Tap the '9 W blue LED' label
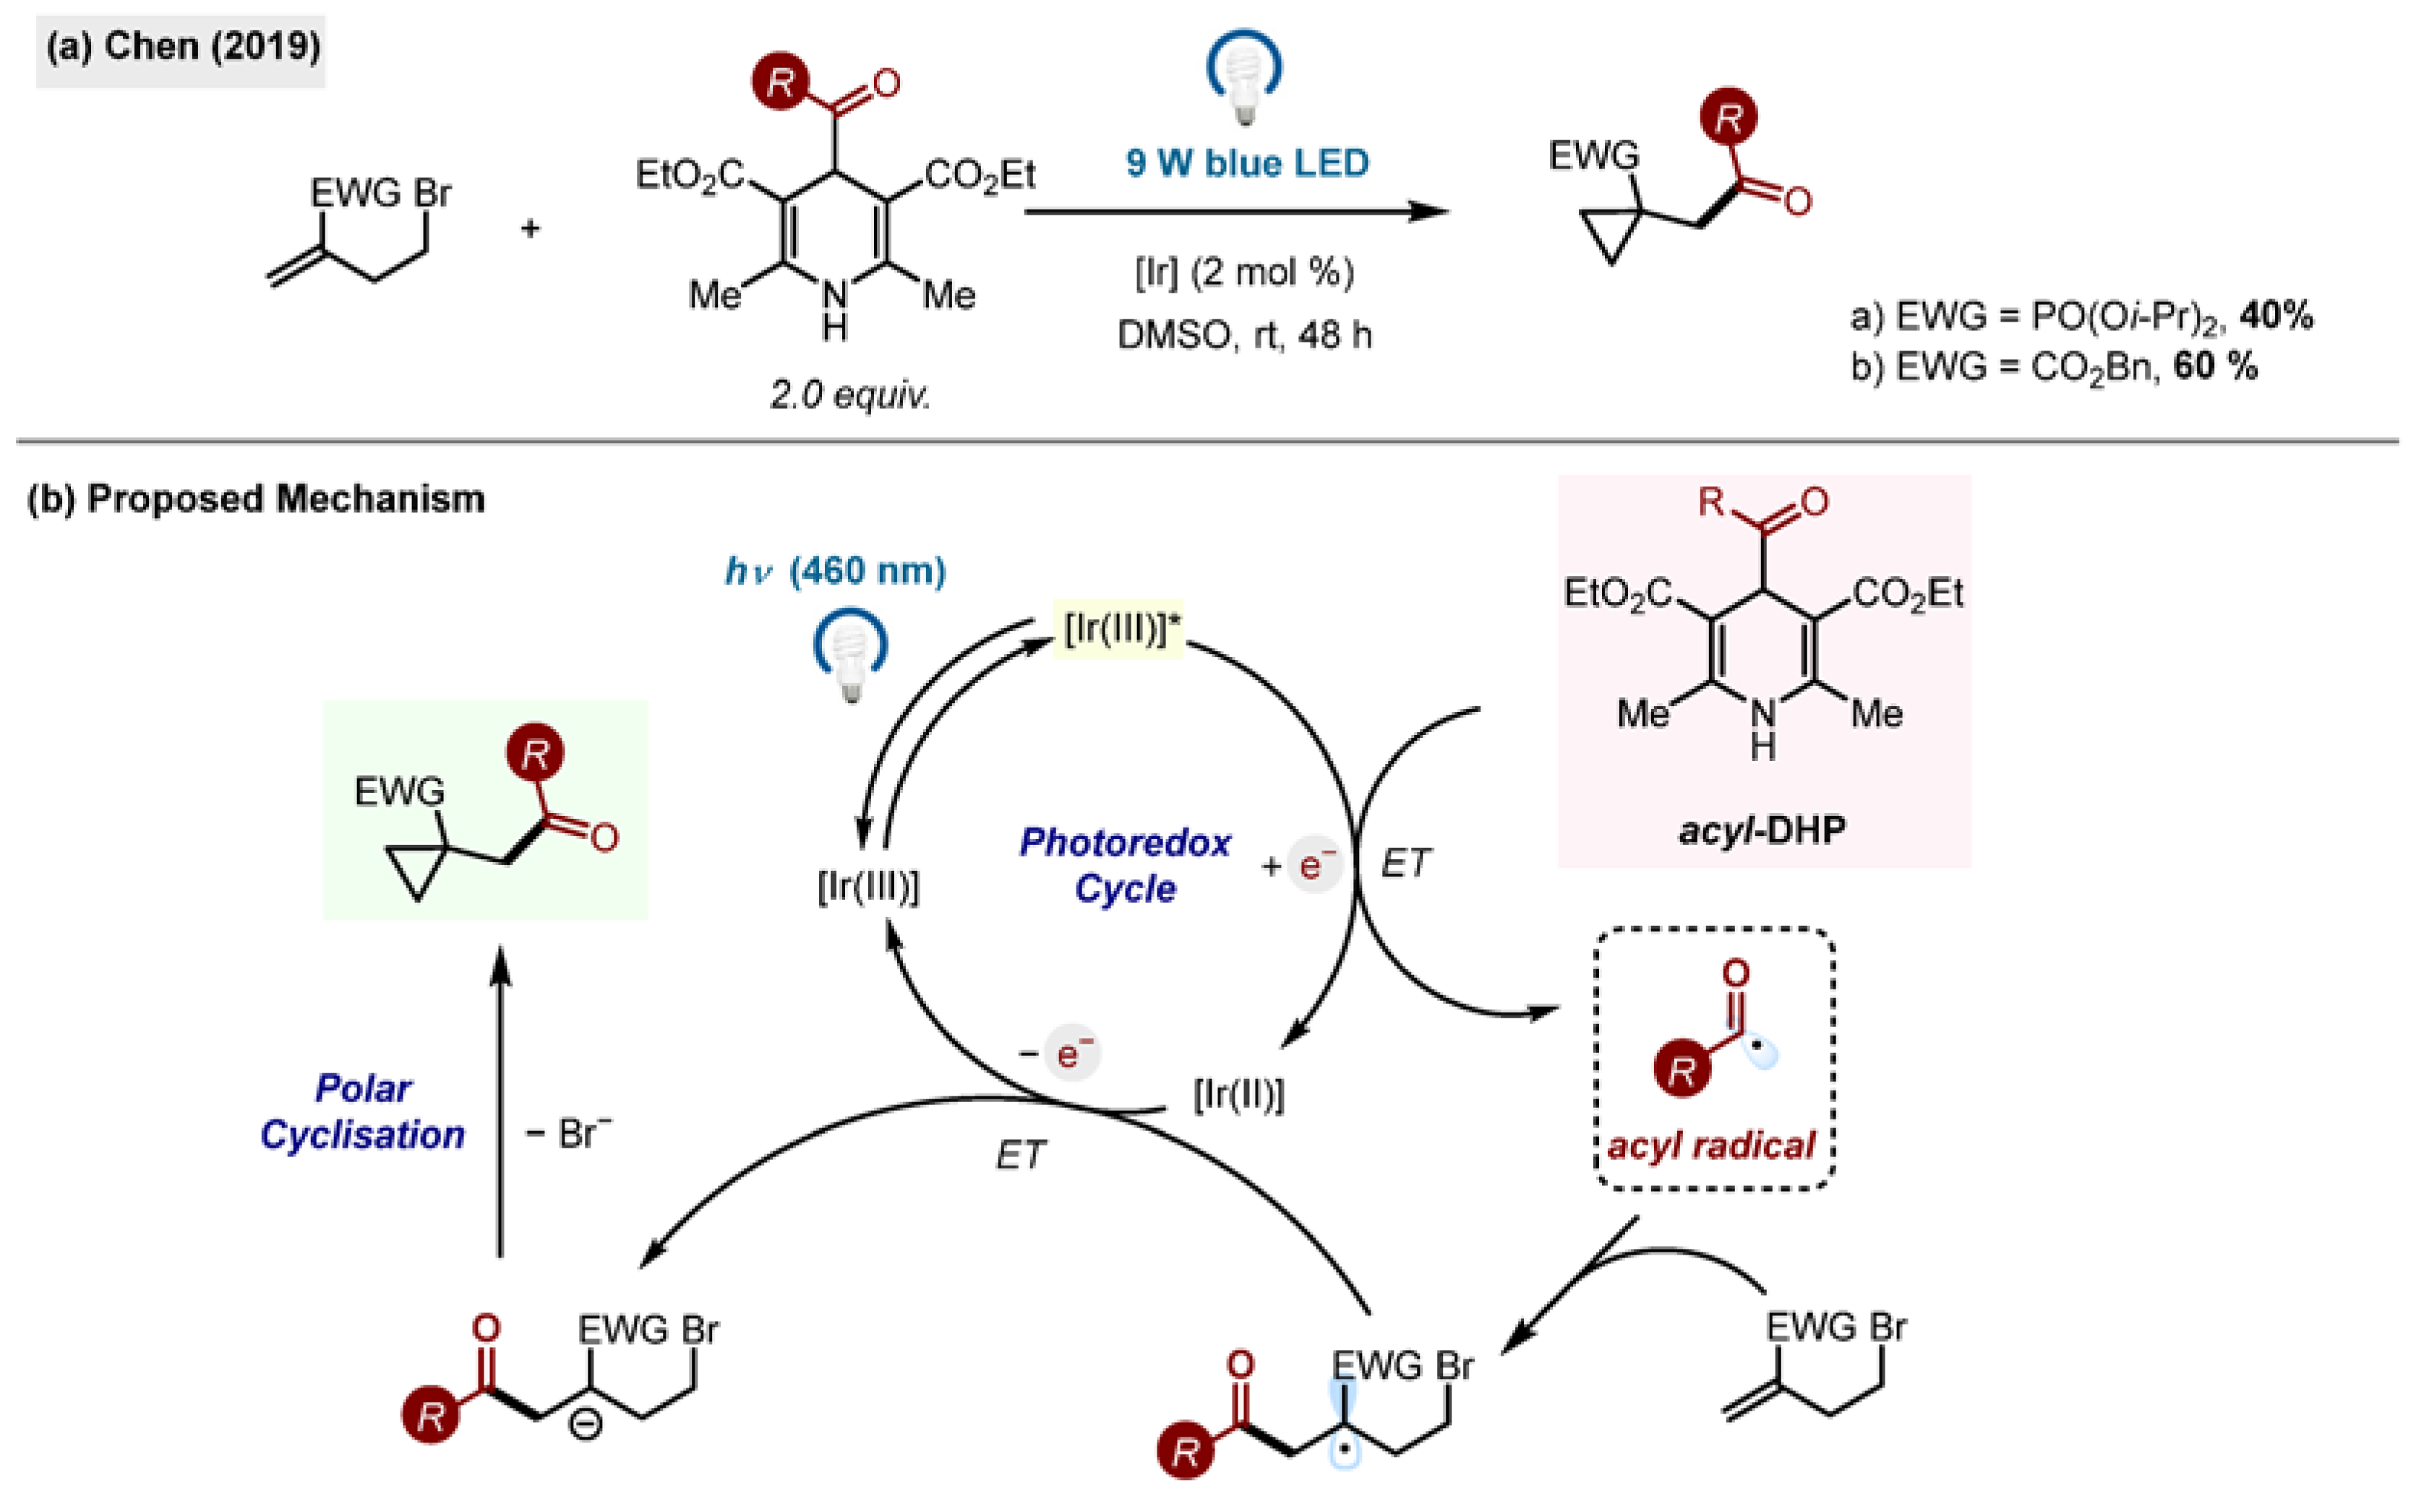click(1246, 163)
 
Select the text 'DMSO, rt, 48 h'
click(1244, 335)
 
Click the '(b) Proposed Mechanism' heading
click(255, 499)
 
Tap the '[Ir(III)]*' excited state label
click(1121, 628)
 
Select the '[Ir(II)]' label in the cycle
click(1238, 1094)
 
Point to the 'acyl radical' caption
click(1711, 1145)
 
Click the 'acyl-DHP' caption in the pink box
click(1761, 829)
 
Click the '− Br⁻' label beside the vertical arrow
click(568, 1134)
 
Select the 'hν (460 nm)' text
click(836, 571)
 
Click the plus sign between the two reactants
click(531, 228)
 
